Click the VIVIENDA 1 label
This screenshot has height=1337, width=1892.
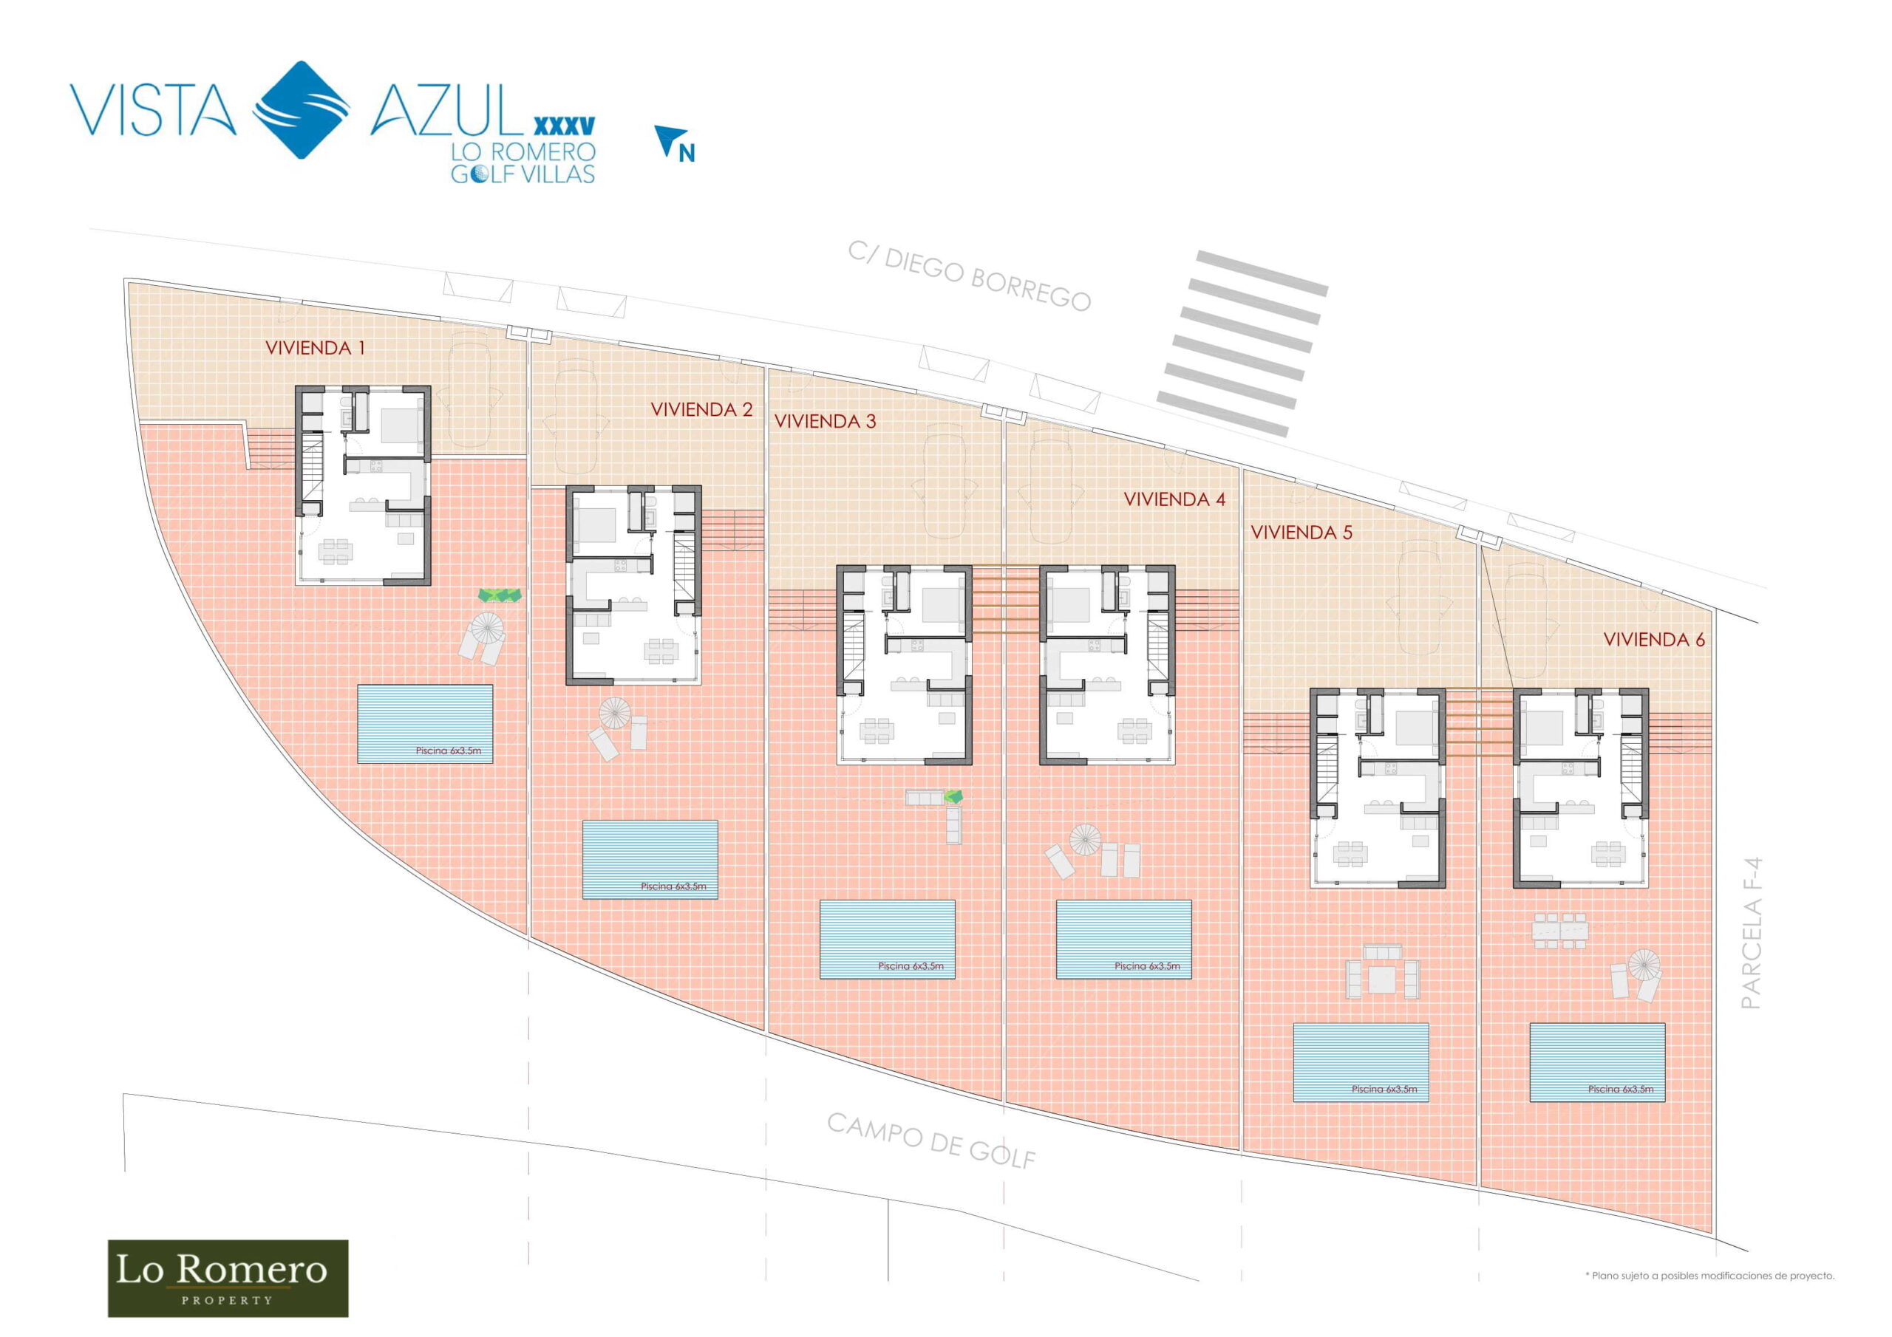[315, 348]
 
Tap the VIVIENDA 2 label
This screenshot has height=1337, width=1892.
[701, 409]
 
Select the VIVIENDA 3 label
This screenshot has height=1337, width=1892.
[825, 421]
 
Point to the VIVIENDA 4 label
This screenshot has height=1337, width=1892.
[1174, 499]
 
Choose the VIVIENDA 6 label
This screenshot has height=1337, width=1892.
[1654, 639]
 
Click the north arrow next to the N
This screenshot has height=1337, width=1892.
[666, 140]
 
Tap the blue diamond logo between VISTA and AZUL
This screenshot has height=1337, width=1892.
[301, 109]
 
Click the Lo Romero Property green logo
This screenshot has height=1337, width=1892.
[228, 1278]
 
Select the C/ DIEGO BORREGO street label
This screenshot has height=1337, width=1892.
[970, 277]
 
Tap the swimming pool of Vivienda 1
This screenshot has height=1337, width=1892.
[425, 723]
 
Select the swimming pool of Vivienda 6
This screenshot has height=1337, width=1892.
[1597, 1063]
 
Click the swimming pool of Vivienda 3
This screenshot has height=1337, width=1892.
[888, 939]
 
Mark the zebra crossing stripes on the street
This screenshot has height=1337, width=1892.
[1242, 343]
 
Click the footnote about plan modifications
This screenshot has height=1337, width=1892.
[1710, 1276]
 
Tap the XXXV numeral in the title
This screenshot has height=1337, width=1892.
[565, 126]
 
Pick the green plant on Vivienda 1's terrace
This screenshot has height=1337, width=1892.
[500, 595]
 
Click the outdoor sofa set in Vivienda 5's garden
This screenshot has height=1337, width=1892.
[1383, 973]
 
